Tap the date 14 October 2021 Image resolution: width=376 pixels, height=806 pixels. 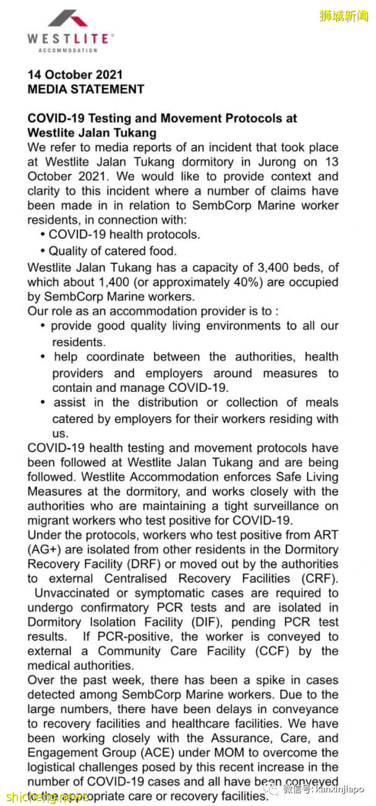(75, 74)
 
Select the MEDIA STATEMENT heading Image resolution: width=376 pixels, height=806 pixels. (85, 89)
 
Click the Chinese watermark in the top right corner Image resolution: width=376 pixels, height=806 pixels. (344, 16)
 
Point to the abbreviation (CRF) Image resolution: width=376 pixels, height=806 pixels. (321, 579)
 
